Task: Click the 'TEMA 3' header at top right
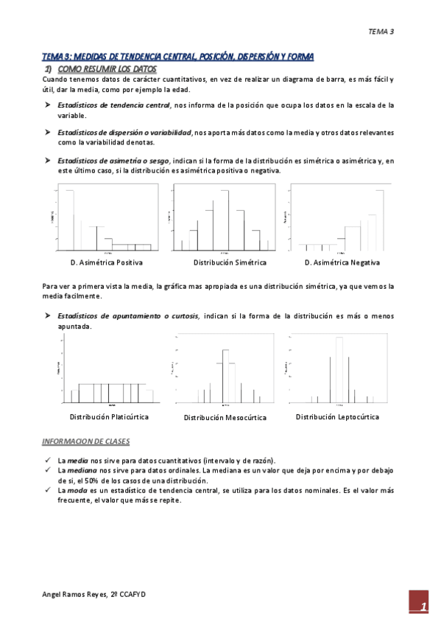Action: [381, 32]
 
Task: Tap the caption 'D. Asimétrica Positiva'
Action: [107, 263]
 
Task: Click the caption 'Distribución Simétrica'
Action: [230, 263]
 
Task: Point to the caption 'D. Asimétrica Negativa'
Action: [342, 263]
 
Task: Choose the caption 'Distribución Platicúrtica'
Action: [109, 417]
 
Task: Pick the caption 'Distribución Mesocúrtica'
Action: [225, 418]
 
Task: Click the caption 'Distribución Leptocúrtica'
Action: [337, 417]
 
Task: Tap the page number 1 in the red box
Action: [423, 607]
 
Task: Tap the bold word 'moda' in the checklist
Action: [74, 489]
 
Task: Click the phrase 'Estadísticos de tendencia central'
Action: [113, 105]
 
